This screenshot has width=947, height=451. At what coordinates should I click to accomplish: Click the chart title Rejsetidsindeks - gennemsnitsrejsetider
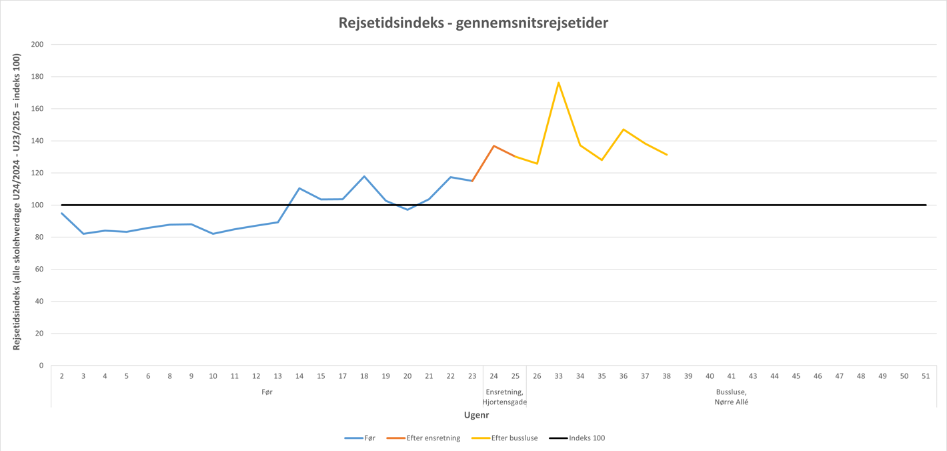pyautogui.click(x=473, y=23)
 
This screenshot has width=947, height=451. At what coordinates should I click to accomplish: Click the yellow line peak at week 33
pyautogui.click(x=558, y=83)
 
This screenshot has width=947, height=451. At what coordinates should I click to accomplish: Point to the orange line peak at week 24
pyautogui.click(x=494, y=145)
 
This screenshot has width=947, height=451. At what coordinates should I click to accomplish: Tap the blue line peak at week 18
pyautogui.click(x=364, y=176)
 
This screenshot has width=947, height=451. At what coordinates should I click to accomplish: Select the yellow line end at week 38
pyautogui.click(x=666, y=155)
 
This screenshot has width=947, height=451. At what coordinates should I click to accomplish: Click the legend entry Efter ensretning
pyautogui.click(x=433, y=438)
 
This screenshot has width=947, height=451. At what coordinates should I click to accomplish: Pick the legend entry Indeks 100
pyautogui.click(x=586, y=438)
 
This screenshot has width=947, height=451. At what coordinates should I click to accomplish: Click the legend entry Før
pyautogui.click(x=369, y=438)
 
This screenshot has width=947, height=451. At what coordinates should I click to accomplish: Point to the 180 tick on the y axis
pyautogui.click(x=37, y=77)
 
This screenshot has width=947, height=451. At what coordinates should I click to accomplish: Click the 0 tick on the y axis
pyautogui.click(x=41, y=366)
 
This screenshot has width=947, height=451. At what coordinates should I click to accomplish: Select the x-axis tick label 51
pyautogui.click(x=926, y=376)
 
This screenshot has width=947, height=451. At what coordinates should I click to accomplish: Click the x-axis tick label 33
pyautogui.click(x=558, y=376)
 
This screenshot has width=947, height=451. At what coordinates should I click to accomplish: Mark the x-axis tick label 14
pyautogui.click(x=299, y=376)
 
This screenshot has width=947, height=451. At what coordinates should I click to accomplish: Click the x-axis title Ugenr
pyautogui.click(x=476, y=415)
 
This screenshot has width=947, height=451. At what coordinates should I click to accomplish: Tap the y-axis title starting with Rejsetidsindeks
pyautogui.click(x=17, y=201)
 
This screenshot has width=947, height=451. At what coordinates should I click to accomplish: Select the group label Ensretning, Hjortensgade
pyautogui.click(x=505, y=397)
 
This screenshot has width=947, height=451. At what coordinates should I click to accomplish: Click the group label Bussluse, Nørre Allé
pyautogui.click(x=731, y=397)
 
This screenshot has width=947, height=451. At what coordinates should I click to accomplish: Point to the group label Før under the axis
pyautogui.click(x=267, y=392)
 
